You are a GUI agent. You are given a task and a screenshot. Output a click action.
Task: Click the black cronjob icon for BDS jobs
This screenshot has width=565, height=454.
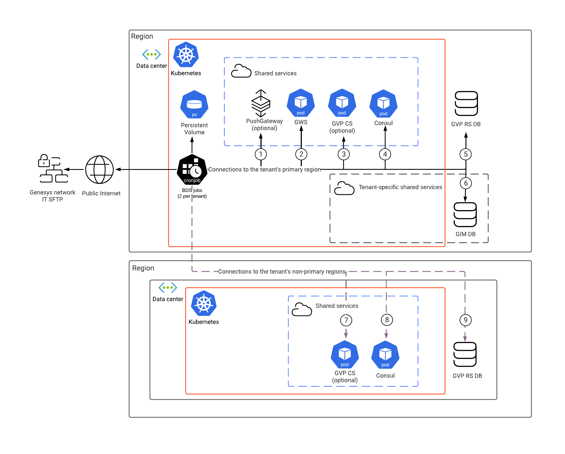point(192,169)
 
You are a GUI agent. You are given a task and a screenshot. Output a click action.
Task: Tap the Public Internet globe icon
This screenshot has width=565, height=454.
point(99,170)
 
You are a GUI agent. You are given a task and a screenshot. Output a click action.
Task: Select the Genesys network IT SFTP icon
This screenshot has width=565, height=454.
point(53,168)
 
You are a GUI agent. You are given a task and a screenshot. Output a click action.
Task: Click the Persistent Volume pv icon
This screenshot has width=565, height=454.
point(194,104)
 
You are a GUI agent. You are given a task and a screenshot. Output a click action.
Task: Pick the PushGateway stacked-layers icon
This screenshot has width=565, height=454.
point(261,103)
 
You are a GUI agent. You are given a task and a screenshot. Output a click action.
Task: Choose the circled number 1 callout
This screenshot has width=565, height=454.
point(261,154)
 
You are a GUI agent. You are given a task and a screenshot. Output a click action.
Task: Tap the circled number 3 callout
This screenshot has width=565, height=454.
point(344,154)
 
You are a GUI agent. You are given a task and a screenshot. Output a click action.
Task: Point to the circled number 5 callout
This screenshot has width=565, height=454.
point(466,154)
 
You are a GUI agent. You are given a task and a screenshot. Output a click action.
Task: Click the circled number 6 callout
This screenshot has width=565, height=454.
point(466,183)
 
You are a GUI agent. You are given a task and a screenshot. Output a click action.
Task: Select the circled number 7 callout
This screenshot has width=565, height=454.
point(346,320)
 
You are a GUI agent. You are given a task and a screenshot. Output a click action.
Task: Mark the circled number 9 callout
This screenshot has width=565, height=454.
point(466,320)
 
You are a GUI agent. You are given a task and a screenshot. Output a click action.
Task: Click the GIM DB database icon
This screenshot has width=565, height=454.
point(465,215)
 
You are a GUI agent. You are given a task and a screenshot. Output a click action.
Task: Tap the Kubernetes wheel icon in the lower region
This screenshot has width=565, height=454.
point(204,303)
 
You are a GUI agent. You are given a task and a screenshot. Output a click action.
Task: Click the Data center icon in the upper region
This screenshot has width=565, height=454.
point(152,54)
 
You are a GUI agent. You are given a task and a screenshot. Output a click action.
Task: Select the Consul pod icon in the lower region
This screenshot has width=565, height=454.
point(385,355)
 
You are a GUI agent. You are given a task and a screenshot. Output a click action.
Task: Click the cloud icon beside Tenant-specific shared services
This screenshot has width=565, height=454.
point(344,188)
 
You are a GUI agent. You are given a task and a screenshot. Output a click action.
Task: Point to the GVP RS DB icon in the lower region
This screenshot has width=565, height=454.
point(465,354)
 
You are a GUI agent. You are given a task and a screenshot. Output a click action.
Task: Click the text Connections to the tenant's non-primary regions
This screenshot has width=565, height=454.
point(282,271)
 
